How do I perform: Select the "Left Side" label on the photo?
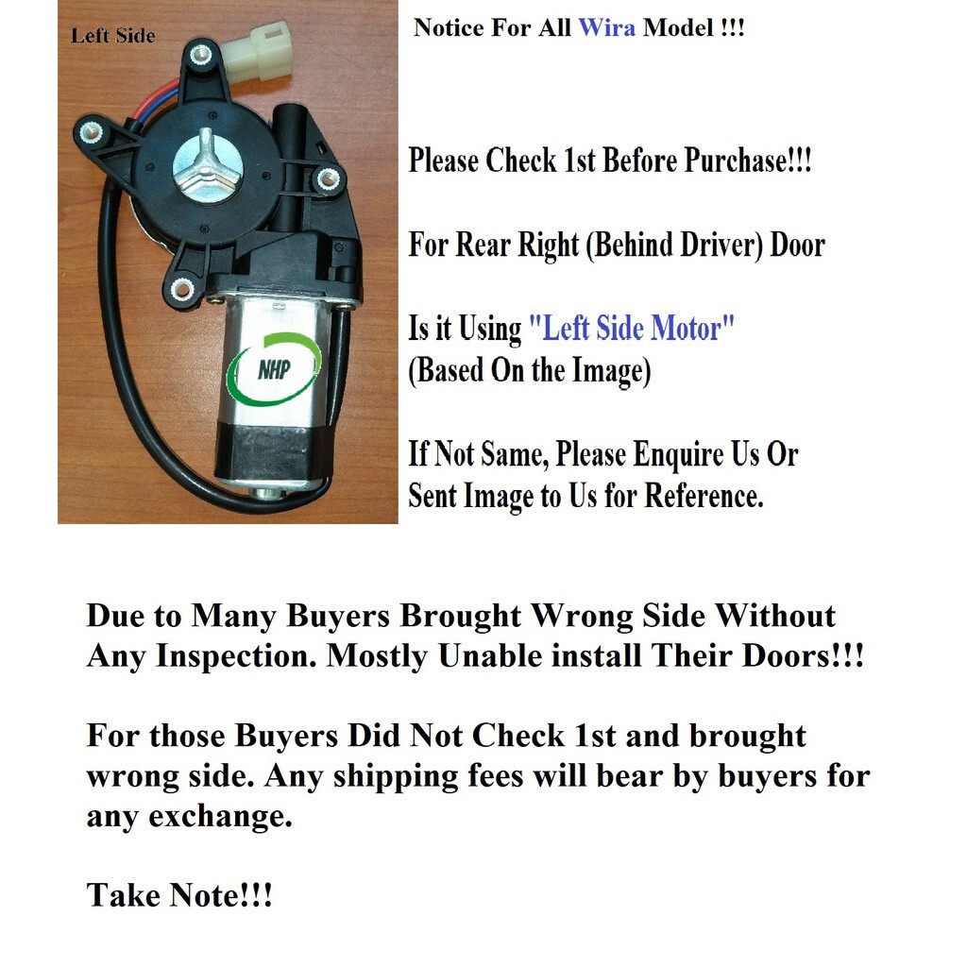113,36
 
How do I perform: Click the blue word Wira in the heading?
606,27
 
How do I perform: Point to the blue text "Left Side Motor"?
632,328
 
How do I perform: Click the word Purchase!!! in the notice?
748,161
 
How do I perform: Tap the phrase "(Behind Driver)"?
674,245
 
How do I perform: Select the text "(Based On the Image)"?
529,371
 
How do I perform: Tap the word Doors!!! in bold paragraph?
803,655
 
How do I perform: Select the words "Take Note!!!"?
178,895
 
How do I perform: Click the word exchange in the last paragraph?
220,816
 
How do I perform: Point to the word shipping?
396,776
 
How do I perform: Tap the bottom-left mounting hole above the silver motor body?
182,287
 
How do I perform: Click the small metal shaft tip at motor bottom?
265,493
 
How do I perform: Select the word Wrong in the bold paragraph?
582,616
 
